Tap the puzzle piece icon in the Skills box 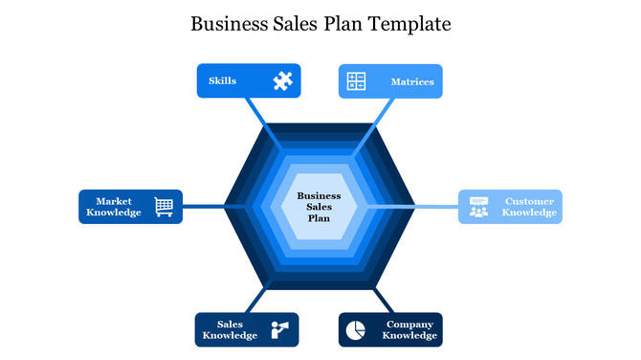(x=281, y=81)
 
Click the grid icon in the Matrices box (x=356, y=81)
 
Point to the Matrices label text (x=412, y=82)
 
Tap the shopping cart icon (x=165, y=207)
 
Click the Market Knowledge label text (x=114, y=207)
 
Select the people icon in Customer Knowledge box (x=478, y=207)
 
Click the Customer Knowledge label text (x=529, y=207)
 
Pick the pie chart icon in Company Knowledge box (x=354, y=329)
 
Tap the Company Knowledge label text (x=409, y=330)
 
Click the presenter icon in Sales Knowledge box (x=280, y=329)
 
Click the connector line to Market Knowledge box (x=203, y=206)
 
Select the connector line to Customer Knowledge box (x=436, y=206)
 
